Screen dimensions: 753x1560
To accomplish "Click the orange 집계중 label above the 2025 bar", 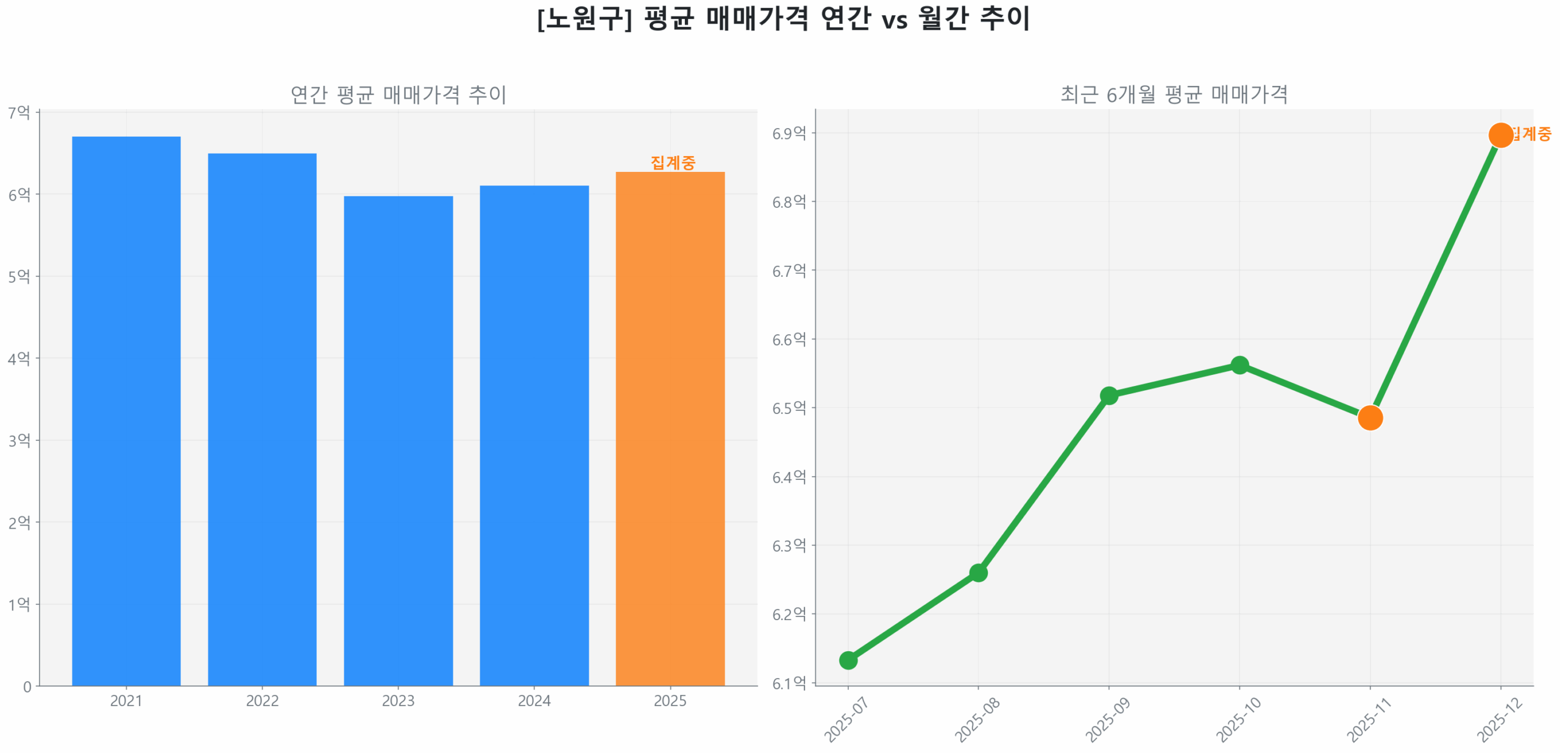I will pos(673,162).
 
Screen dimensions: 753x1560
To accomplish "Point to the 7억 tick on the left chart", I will pos(19,112).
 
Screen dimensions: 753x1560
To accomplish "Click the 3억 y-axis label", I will pos(19,440).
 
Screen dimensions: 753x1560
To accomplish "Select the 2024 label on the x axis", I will pos(534,701).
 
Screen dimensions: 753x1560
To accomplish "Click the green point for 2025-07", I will pos(848,660).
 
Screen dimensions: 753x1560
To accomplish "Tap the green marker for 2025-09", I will pos(1108,396).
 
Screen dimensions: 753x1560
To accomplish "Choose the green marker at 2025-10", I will pos(1239,365).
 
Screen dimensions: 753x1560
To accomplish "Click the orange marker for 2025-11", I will pos(1370,418).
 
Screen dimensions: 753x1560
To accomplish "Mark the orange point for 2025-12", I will pos(1500,135).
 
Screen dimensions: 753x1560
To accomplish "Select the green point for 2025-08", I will pos(978,573).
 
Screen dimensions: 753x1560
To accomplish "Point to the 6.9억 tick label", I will pos(789,134).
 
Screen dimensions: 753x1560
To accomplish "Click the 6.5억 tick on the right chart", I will pos(789,408).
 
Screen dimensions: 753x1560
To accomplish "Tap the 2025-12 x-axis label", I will pos(1500,719).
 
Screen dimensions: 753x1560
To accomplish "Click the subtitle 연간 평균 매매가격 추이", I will pos(399,95).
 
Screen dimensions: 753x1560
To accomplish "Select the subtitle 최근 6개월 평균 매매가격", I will pos(1174,95).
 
